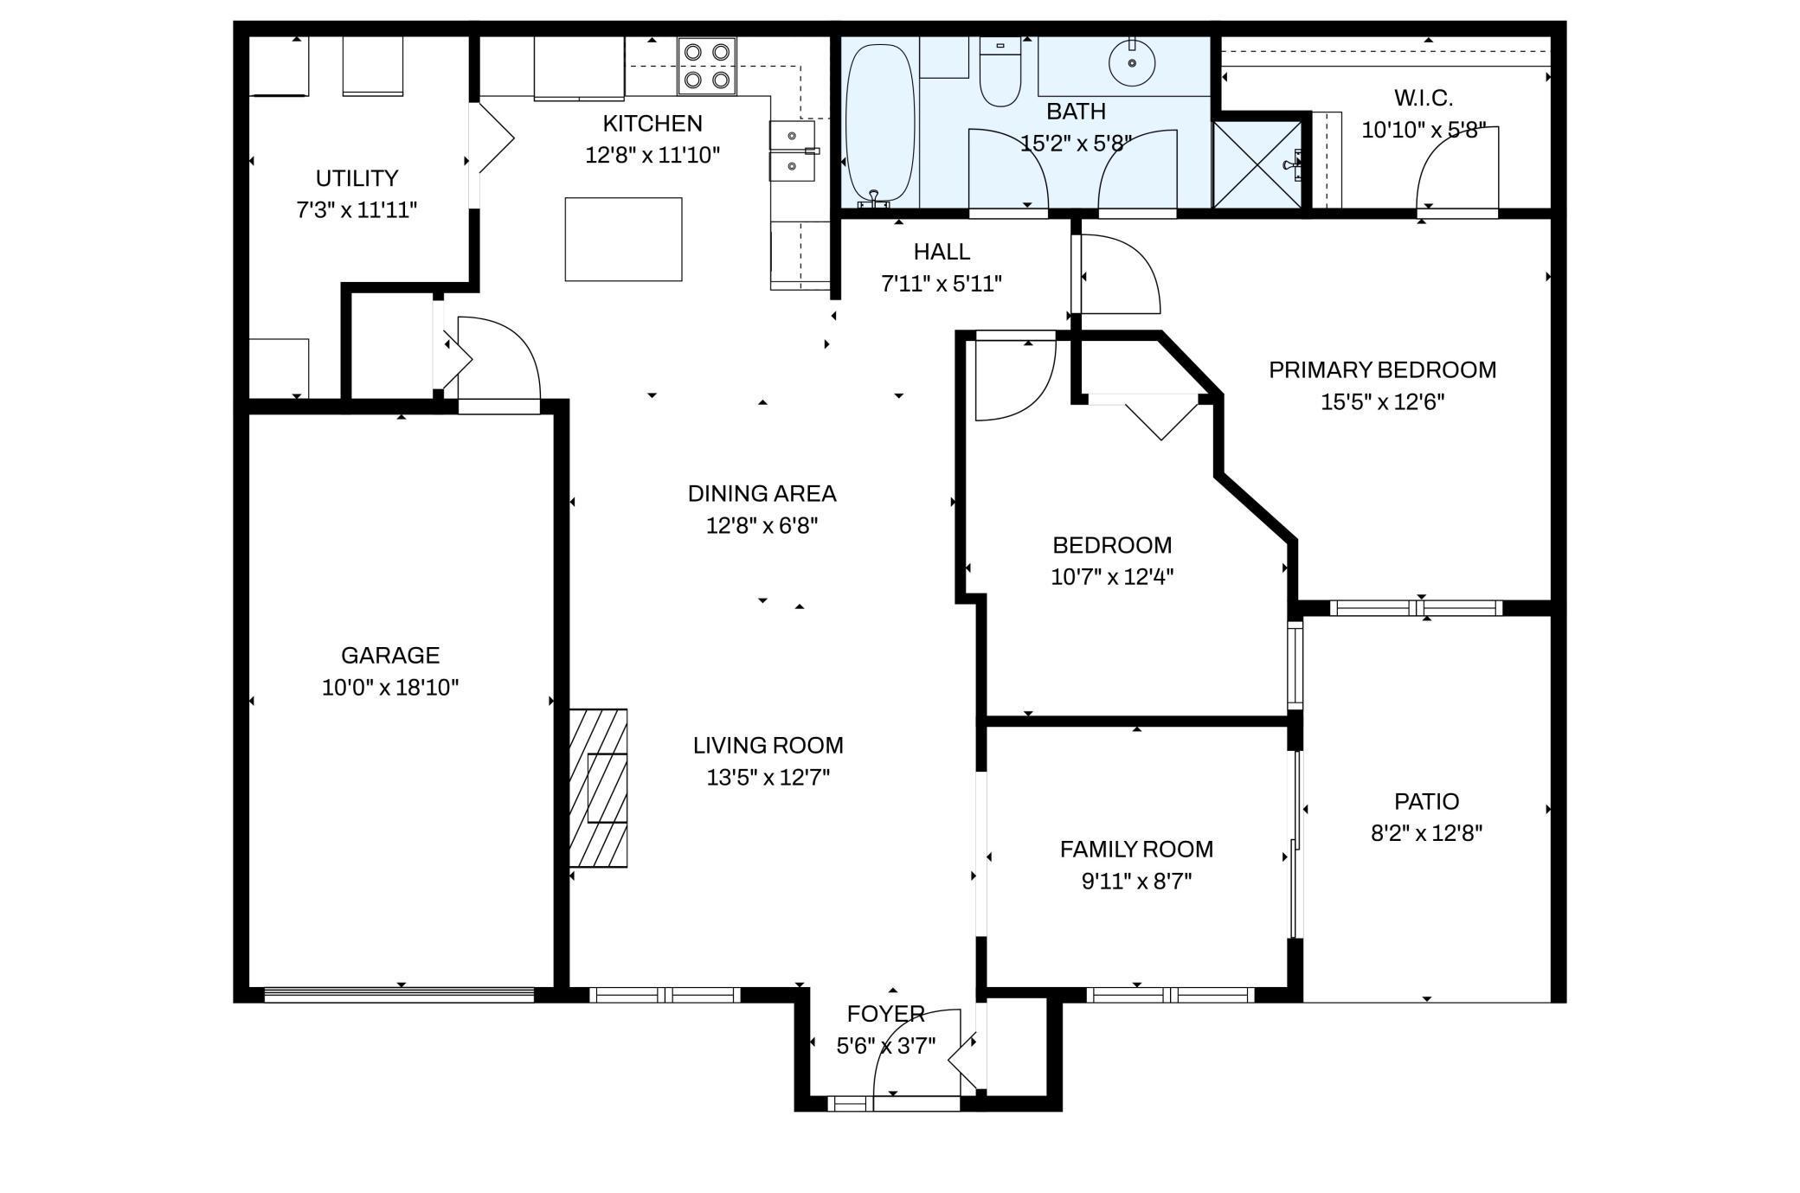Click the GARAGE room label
coord(389,655)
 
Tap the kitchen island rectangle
coord(623,239)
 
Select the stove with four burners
coord(706,66)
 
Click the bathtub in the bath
coord(878,121)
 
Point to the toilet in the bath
coord(1000,73)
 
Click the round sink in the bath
coord(1132,61)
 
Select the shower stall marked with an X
coord(1257,164)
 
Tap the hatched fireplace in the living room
coord(598,787)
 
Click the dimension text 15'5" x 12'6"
coord(1382,402)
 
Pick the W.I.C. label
coord(1423,98)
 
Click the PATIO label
coord(1426,801)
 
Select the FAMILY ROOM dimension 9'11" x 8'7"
coord(1136,882)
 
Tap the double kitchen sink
coord(792,151)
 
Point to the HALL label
coord(942,252)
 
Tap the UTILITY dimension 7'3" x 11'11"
coord(357,210)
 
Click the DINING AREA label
coord(762,493)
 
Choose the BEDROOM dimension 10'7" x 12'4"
coord(1112,577)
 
